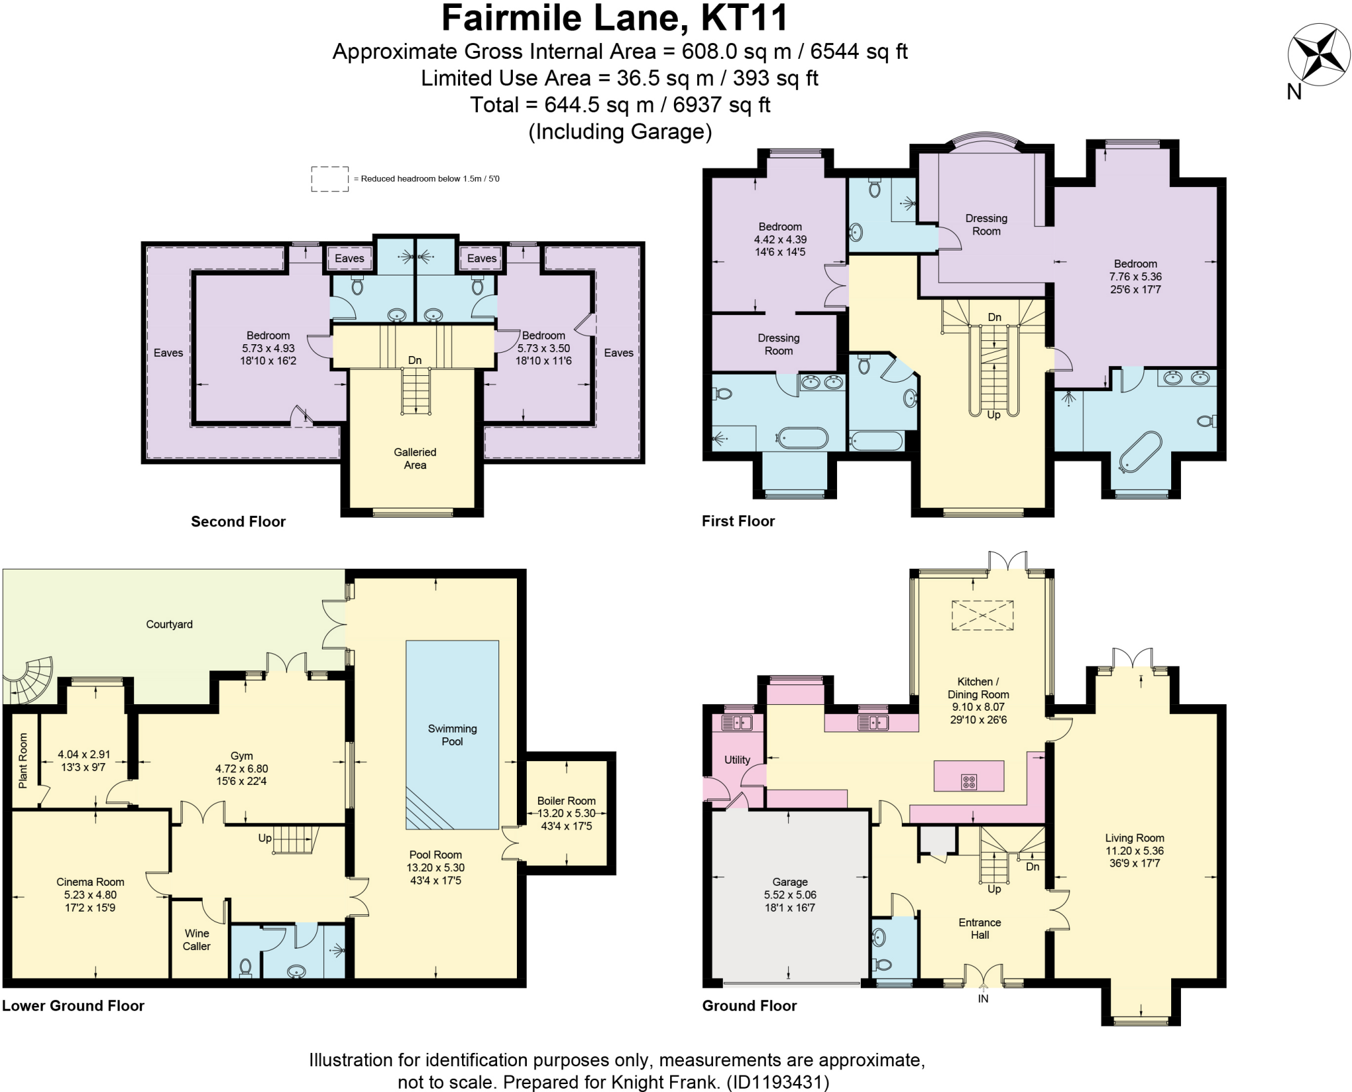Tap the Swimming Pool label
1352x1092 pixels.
452,735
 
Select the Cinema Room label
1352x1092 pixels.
90,882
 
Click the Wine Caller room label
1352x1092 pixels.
197,939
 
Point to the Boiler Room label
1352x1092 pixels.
566,801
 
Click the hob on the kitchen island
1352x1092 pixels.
968,782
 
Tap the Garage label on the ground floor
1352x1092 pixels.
790,882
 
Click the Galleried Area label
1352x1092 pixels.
415,458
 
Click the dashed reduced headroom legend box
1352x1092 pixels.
329,179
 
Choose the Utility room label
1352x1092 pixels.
737,760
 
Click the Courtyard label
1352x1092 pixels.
169,624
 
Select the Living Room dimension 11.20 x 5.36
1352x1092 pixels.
1134,851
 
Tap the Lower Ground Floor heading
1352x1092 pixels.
73,1005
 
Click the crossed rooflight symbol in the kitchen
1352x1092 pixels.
982,615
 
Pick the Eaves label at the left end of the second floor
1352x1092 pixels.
168,353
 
